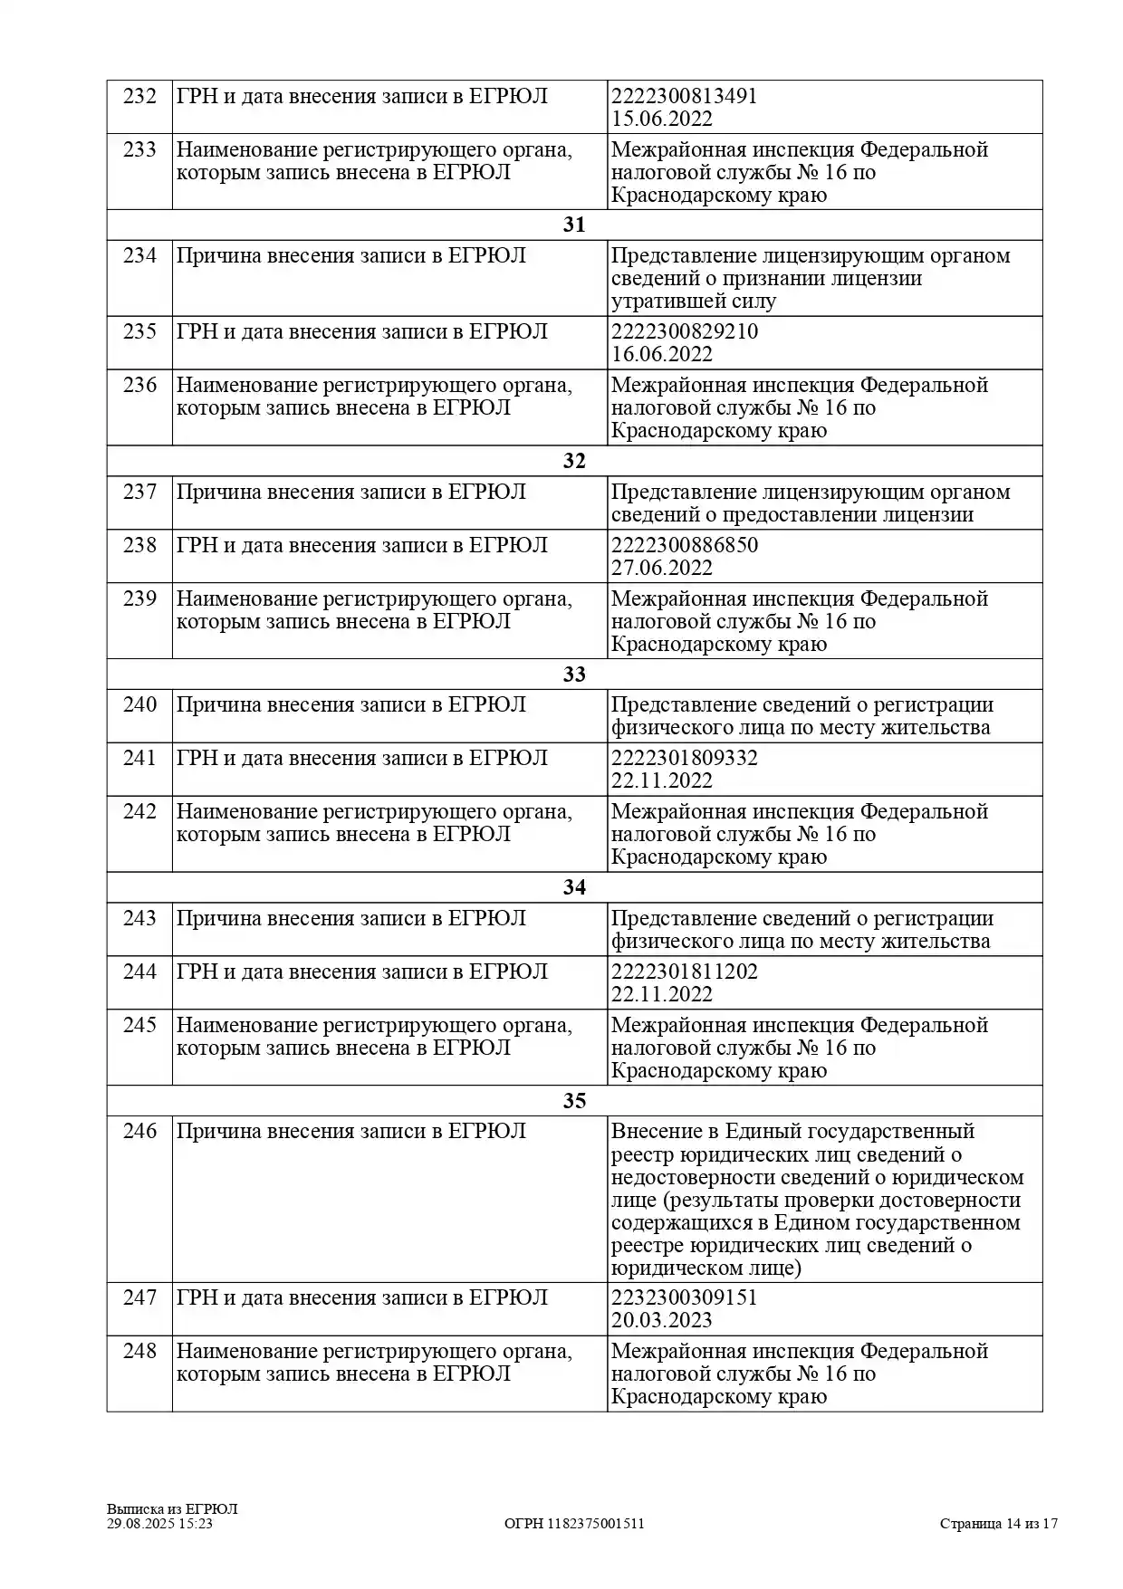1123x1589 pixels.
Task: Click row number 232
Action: tap(139, 96)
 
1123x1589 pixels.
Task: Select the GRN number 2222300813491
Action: tap(684, 96)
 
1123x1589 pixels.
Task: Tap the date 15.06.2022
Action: tap(661, 119)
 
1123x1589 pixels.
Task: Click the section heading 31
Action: tap(574, 225)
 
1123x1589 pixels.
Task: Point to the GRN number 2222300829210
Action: tap(684, 331)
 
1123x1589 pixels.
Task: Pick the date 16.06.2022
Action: tap(661, 354)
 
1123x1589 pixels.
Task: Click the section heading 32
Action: tap(574, 461)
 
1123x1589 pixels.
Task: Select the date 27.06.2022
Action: tap(661, 568)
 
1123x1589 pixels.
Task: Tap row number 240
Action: tap(139, 704)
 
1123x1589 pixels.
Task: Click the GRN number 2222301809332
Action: tap(684, 758)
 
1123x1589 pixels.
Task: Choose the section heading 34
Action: tap(574, 887)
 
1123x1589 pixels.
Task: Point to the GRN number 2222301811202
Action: tap(684, 972)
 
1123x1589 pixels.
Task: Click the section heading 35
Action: tap(574, 1101)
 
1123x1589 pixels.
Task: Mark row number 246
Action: tap(139, 1131)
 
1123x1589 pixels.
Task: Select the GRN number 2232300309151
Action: tap(684, 1297)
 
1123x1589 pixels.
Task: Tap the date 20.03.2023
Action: tap(661, 1320)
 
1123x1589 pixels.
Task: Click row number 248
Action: tap(139, 1351)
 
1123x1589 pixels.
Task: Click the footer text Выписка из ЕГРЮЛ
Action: tap(172, 1509)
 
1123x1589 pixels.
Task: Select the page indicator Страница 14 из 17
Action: tap(998, 1524)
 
